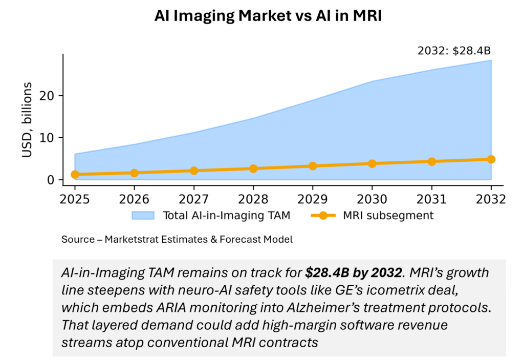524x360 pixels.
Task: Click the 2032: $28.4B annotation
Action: (x=454, y=51)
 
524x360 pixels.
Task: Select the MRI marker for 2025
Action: (x=75, y=175)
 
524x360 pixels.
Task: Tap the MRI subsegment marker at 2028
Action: (x=253, y=168)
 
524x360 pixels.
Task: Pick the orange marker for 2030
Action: (x=372, y=163)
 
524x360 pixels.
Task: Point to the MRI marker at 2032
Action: (x=491, y=159)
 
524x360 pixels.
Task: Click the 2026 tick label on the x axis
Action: (x=134, y=199)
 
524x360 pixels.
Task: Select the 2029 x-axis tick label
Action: (x=313, y=199)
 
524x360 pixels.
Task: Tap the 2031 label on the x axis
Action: (x=431, y=199)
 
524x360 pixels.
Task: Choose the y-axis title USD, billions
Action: (x=28, y=120)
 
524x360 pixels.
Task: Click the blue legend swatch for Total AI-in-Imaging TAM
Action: (x=144, y=216)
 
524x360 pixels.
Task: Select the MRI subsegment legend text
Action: (x=388, y=216)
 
